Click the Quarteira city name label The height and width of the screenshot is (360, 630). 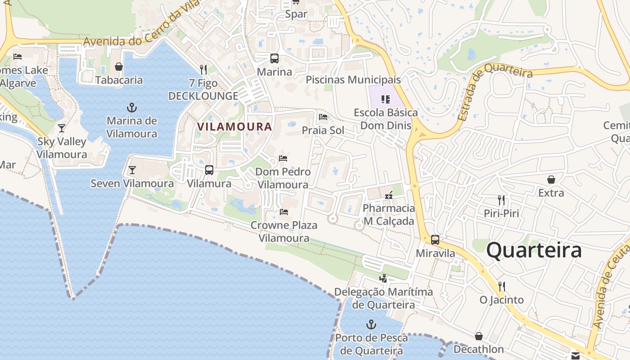point(534,250)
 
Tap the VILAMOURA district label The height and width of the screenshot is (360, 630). point(234,127)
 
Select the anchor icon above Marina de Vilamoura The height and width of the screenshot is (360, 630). point(132,108)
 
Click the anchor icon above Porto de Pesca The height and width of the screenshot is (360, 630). point(371,324)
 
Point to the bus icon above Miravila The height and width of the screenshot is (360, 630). point(435,240)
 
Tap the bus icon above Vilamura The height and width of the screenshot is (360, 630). point(209,170)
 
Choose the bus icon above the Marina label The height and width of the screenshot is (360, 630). point(274,58)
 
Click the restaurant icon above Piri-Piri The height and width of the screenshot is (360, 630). point(501,200)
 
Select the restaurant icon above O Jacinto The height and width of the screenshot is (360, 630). point(501,286)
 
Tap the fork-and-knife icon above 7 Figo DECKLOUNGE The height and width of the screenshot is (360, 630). point(203,69)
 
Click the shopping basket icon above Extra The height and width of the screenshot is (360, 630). point(551,180)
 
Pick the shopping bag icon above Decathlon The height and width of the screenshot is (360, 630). point(478,336)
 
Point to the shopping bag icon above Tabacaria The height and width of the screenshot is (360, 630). point(119,67)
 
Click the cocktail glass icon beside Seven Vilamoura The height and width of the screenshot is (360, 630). point(132,170)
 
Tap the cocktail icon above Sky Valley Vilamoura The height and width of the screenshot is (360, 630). point(62,128)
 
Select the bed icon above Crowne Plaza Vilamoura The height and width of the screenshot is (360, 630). point(284,211)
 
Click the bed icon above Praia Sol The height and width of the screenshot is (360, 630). point(323,117)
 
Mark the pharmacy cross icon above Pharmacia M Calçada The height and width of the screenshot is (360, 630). point(389,195)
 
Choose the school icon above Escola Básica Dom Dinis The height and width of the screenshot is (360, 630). point(385,99)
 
